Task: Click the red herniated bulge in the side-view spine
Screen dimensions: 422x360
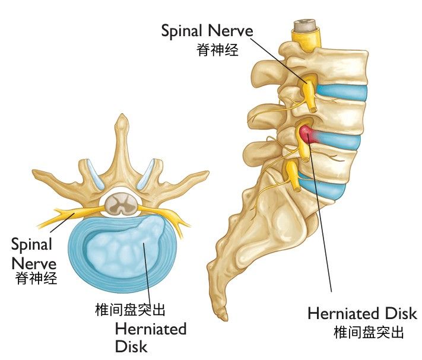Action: [x=307, y=133]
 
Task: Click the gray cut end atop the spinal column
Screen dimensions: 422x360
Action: [x=304, y=25]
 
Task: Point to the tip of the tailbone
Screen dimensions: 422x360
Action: [x=224, y=318]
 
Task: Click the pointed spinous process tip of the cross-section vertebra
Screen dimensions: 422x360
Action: [x=122, y=117]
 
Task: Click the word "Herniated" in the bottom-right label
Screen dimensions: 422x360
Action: [x=344, y=314]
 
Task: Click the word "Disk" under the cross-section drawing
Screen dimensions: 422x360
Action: [x=131, y=346]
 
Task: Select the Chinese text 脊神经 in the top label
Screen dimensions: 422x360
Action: [x=217, y=50]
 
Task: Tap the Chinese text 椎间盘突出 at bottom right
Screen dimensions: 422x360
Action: [x=369, y=332]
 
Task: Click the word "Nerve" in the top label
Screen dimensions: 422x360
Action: [x=231, y=31]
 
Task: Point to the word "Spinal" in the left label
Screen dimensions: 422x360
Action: [x=31, y=245]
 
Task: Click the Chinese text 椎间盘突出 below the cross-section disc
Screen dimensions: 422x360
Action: [x=130, y=310]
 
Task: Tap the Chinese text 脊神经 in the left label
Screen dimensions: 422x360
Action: [x=36, y=278]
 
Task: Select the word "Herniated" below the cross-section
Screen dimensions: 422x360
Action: [x=151, y=329]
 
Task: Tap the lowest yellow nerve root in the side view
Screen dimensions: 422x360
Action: [x=293, y=175]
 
